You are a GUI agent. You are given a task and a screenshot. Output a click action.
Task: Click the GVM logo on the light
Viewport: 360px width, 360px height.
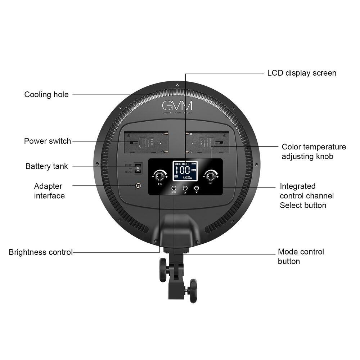tap(177, 105)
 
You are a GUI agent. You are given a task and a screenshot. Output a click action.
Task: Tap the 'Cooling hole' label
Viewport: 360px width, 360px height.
tap(46, 95)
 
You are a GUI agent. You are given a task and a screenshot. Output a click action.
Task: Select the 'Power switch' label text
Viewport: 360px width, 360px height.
tap(48, 141)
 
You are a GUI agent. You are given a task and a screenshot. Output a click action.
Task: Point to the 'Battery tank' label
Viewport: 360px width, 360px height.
tap(46, 166)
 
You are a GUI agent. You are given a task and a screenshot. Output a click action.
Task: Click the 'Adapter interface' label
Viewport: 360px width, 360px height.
tap(49, 191)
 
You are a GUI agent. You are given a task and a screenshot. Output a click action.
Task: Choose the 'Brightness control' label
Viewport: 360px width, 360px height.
tap(41, 252)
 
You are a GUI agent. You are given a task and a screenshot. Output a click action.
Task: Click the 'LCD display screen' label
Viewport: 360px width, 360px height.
tap(302, 73)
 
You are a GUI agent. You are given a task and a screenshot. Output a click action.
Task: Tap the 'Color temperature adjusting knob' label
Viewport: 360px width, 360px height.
tap(314, 152)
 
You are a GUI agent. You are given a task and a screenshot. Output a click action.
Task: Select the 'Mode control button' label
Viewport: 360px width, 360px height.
tap(301, 256)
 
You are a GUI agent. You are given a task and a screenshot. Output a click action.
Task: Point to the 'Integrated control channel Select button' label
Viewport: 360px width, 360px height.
tap(307, 196)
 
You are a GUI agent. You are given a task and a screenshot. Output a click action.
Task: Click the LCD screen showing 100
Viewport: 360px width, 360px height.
tap(185, 171)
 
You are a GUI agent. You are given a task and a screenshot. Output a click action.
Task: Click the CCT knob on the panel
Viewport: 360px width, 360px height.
tap(210, 176)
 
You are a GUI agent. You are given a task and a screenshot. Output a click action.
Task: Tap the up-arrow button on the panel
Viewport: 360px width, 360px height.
tap(185, 188)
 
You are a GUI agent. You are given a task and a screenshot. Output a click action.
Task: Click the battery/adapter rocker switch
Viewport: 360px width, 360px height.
tap(138, 168)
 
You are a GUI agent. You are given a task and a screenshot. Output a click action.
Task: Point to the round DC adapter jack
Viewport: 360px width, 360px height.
tap(137, 185)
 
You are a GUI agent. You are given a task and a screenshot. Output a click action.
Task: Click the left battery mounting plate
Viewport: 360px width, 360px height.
tap(145, 143)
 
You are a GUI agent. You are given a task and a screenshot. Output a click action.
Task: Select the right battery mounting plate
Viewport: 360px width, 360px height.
tap(207, 143)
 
